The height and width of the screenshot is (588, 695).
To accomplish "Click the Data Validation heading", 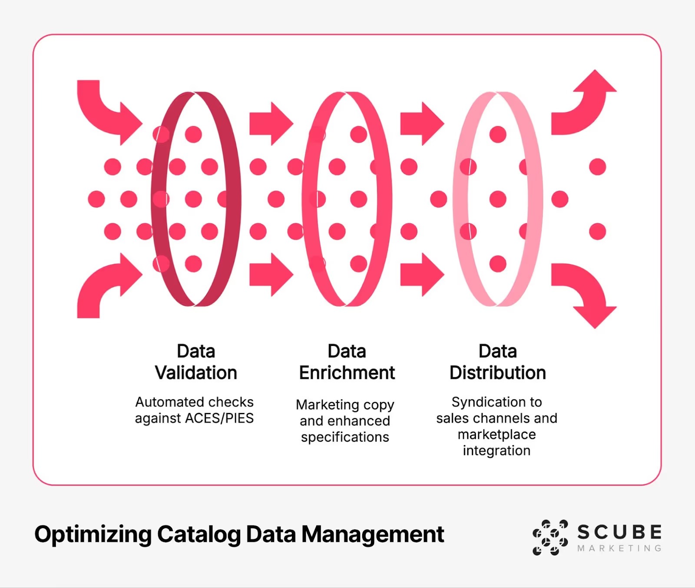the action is [196, 362].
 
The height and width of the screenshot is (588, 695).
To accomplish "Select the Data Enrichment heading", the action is [347, 362].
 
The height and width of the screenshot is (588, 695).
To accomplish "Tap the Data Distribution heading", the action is [497, 362].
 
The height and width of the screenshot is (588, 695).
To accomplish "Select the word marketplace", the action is [496, 434].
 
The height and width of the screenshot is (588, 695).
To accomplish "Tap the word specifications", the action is [345, 437].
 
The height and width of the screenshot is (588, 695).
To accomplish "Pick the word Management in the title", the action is [373, 534].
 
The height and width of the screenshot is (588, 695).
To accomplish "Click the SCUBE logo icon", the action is [550, 537].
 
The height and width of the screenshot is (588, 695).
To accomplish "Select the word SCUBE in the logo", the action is [619, 532].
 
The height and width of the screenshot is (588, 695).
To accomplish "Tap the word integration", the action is [496, 451].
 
